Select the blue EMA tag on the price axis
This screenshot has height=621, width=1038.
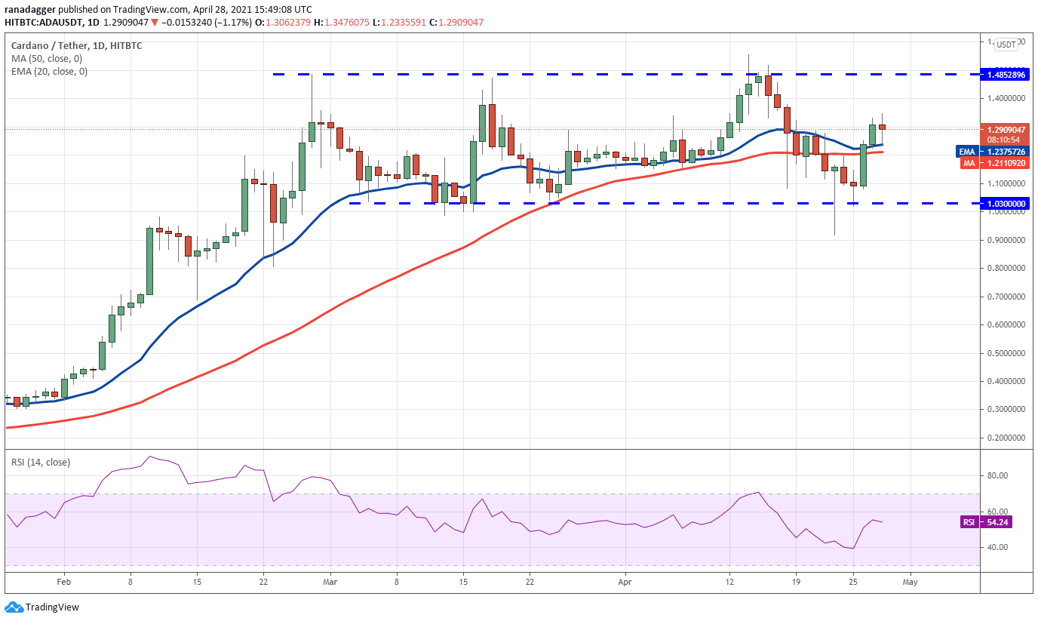[x=968, y=151]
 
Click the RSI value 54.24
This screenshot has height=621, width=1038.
[x=1003, y=522]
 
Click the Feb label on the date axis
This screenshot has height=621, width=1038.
[x=63, y=583]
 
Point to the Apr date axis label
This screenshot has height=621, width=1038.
[x=624, y=583]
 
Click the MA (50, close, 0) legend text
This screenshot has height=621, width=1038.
[x=47, y=59]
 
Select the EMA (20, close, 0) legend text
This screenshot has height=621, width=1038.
[x=49, y=72]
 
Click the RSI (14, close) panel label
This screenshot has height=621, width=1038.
[x=38, y=463]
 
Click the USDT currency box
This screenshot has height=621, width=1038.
[x=1006, y=45]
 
